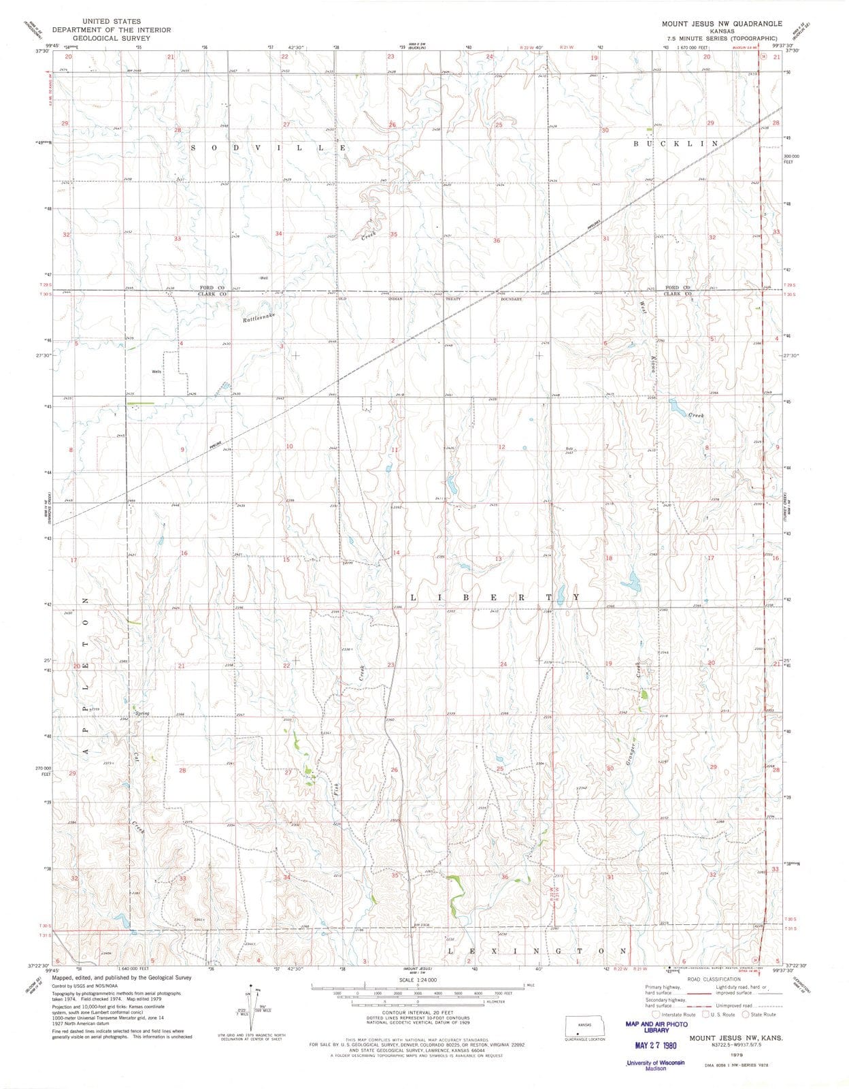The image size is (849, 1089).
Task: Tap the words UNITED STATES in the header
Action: (x=112, y=22)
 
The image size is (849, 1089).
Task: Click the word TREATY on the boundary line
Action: (x=454, y=299)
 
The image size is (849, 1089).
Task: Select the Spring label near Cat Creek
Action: (x=142, y=713)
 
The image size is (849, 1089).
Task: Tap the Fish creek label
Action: (x=335, y=789)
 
